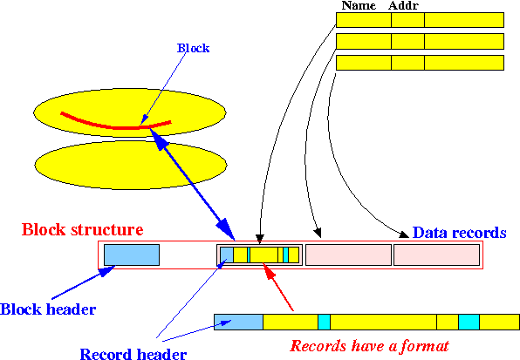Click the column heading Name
[x=359, y=5]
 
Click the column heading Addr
[x=403, y=5]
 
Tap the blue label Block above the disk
[x=194, y=48]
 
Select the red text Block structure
[x=83, y=229]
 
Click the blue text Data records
[x=459, y=233]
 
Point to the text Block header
[x=48, y=309]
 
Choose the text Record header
[x=133, y=354]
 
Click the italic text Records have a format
[x=369, y=346]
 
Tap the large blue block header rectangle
[x=132, y=255]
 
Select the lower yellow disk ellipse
[x=131, y=165]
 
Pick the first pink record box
[x=348, y=255]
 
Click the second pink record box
[x=436, y=255]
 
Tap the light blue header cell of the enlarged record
[x=238, y=323]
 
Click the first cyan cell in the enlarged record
[x=324, y=323]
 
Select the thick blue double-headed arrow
[x=193, y=185]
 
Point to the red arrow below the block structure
[x=277, y=287]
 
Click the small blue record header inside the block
[x=227, y=255]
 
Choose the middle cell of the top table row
[x=407, y=20]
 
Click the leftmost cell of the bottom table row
[x=364, y=63]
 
